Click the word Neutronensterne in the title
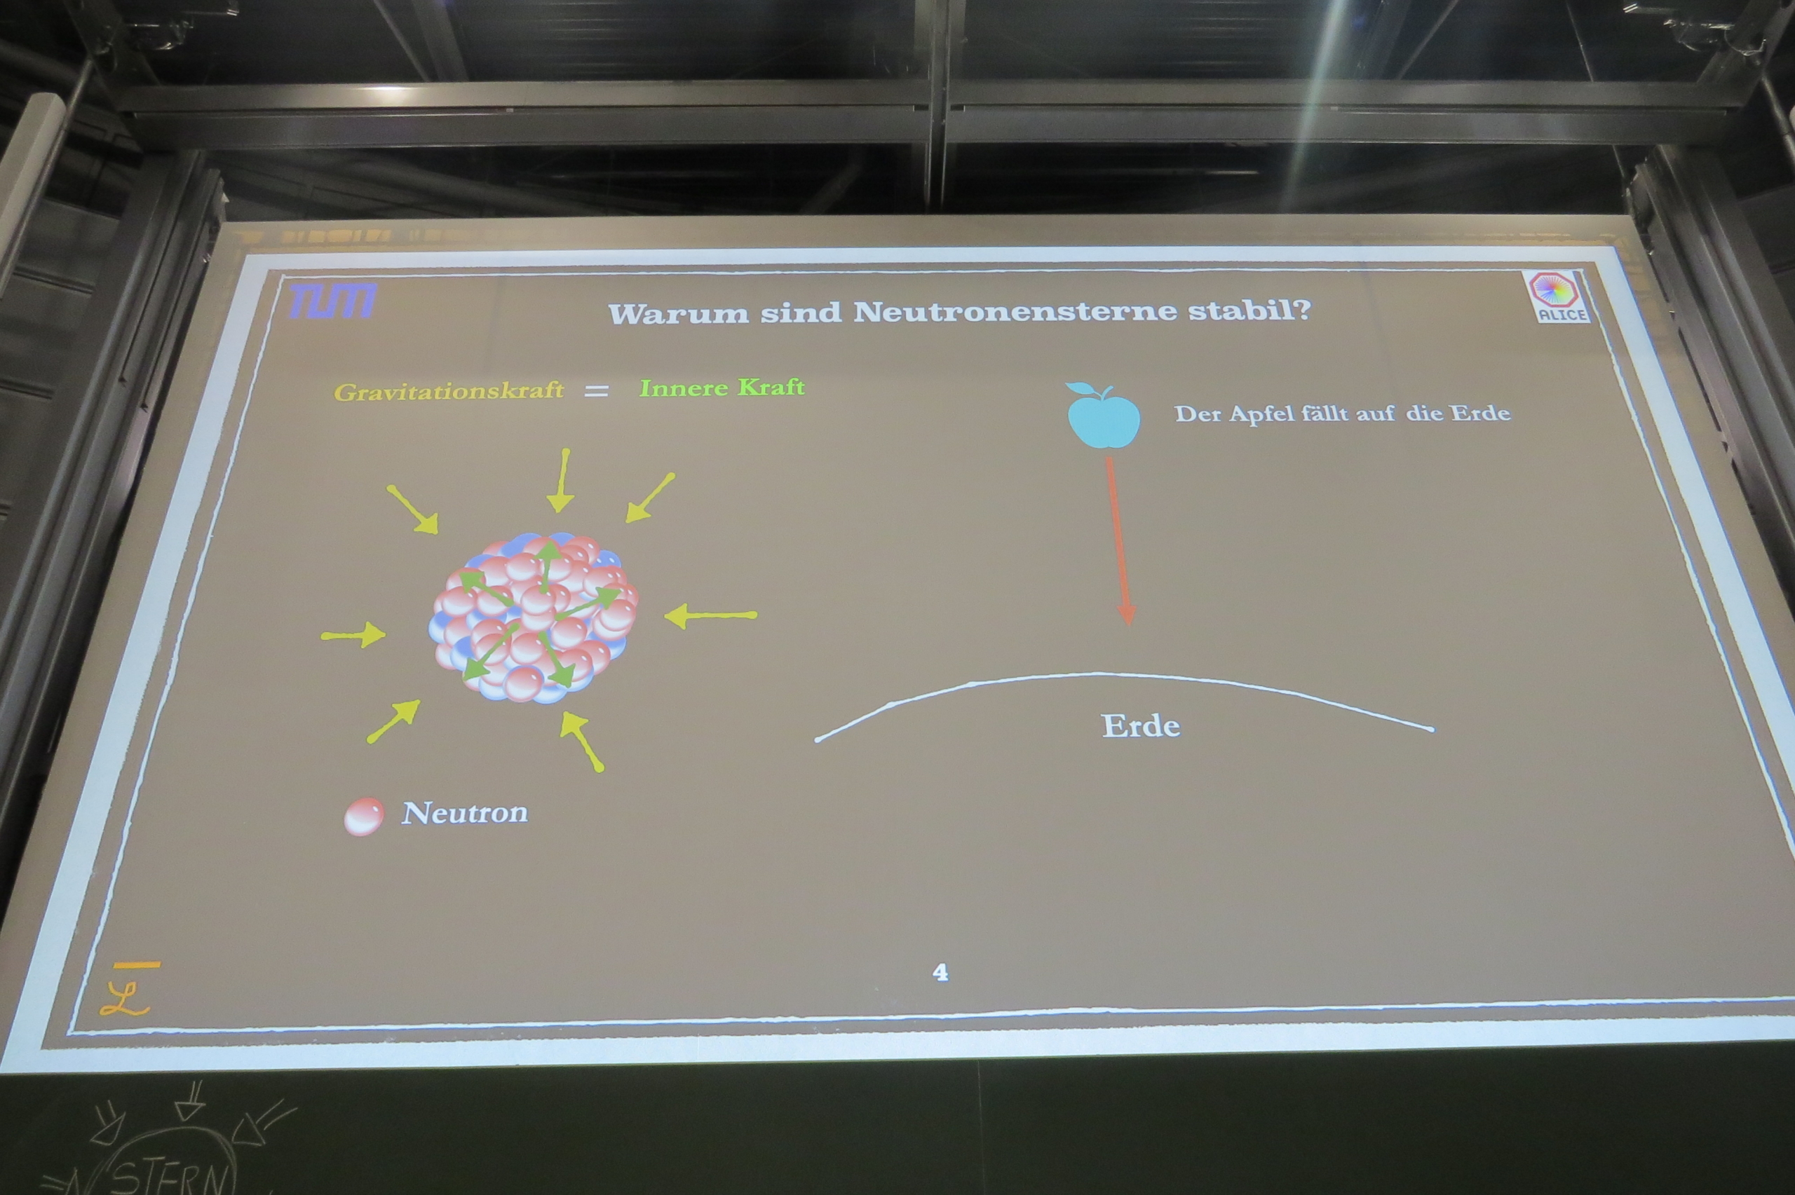(1015, 312)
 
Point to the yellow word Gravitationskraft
(449, 392)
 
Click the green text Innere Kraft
(722, 388)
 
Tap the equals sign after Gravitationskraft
(596, 391)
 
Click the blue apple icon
(1103, 416)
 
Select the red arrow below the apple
(1119, 541)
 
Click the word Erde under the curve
(1141, 725)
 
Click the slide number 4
(940, 971)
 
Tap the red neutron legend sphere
(364, 817)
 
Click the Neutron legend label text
(465, 812)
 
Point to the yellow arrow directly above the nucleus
(561, 480)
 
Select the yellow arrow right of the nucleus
(710, 615)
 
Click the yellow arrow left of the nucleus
(353, 635)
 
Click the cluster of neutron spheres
(534, 617)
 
